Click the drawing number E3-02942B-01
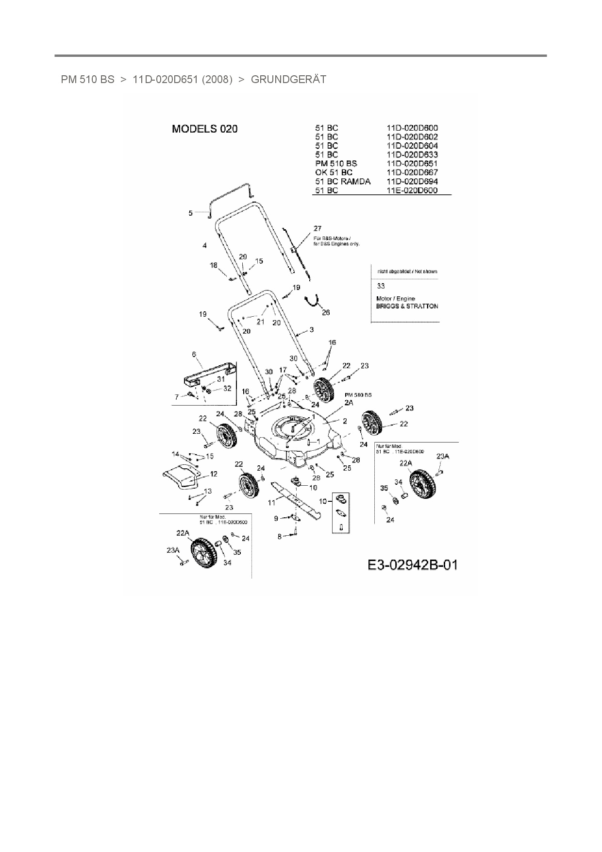(412, 565)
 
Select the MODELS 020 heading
(205, 129)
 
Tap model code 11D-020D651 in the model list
(412, 164)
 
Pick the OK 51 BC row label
(334, 172)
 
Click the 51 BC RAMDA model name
(342, 181)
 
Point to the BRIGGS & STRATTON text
(407, 307)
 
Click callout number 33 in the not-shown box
(381, 286)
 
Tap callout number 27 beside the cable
(318, 228)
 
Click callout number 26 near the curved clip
(326, 312)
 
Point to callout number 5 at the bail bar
(191, 213)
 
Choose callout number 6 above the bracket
(194, 355)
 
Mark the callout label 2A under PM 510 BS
(349, 403)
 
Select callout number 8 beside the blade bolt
(280, 536)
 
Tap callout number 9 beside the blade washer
(276, 519)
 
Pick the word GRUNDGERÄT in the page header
(288, 79)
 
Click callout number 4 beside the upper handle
(204, 246)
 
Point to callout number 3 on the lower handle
(311, 329)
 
